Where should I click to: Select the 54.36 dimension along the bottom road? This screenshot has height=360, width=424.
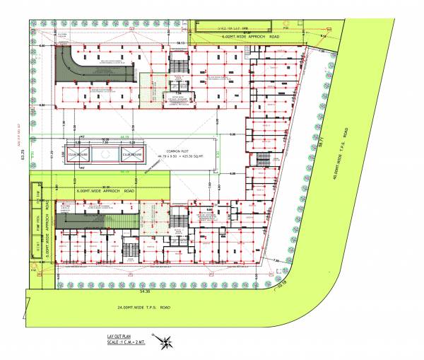145,291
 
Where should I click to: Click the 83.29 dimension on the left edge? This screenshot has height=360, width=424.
22,151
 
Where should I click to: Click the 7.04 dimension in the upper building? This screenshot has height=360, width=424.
178,91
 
